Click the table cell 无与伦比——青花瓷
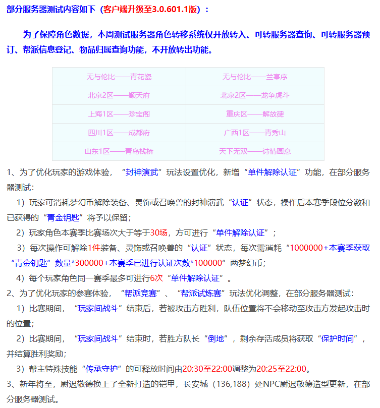(119, 77)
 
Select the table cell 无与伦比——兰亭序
(255, 77)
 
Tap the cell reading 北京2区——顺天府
(119, 95)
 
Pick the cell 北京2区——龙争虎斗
(255, 95)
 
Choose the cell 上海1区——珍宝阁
(119, 114)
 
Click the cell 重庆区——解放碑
(255, 114)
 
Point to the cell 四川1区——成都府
(119, 133)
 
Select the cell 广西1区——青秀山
(255, 133)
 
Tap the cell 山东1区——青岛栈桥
(119, 151)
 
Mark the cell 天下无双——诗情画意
(255, 151)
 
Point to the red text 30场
(158, 232)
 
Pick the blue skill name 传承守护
(103, 369)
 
